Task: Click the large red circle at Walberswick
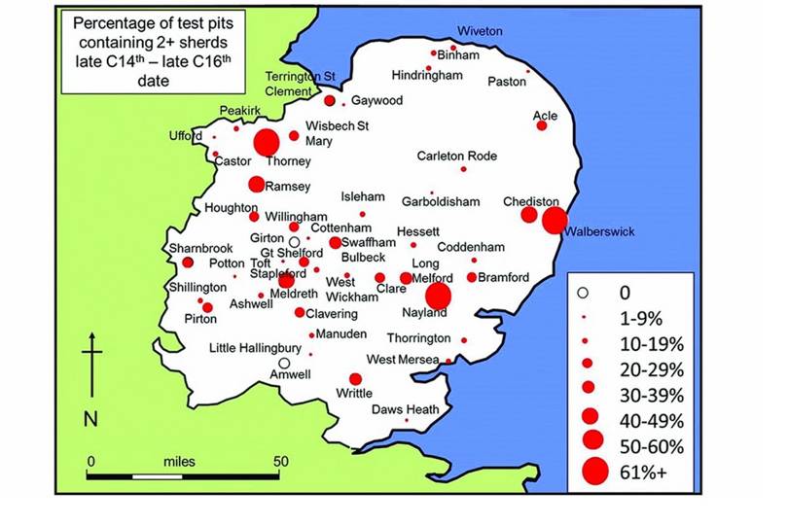pyautogui.click(x=555, y=221)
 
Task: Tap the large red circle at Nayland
pyautogui.click(x=439, y=296)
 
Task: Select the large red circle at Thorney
pyautogui.click(x=266, y=143)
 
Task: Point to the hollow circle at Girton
pyautogui.click(x=293, y=241)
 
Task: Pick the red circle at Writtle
pyautogui.click(x=355, y=379)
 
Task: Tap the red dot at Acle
pyautogui.click(x=542, y=125)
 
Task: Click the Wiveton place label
pyautogui.click(x=480, y=31)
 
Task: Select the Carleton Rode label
pyautogui.click(x=456, y=156)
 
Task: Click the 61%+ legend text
pyautogui.click(x=643, y=473)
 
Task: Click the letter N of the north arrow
pyautogui.click(x=90, y=420)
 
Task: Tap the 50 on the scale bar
pyautogui.click(x=279, y=461)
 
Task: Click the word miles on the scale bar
pyautogui.click(x=183, y=461)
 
